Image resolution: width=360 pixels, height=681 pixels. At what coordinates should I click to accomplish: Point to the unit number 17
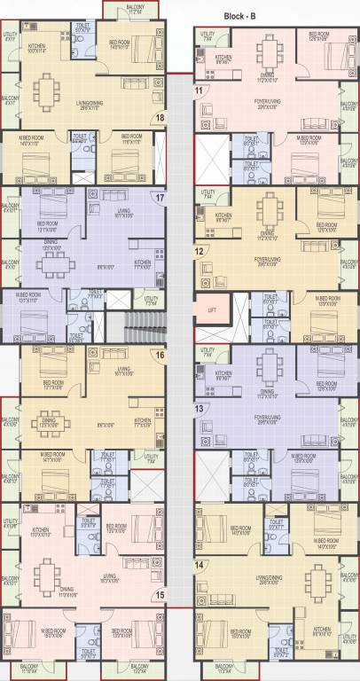point(160,199)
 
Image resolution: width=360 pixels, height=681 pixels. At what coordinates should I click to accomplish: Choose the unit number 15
point(160,595)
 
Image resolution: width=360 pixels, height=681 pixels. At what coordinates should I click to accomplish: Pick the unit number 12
point(199,252)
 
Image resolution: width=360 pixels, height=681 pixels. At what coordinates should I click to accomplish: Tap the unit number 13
point(199,408)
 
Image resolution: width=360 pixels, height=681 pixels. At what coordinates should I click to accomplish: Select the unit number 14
point(199,565)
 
